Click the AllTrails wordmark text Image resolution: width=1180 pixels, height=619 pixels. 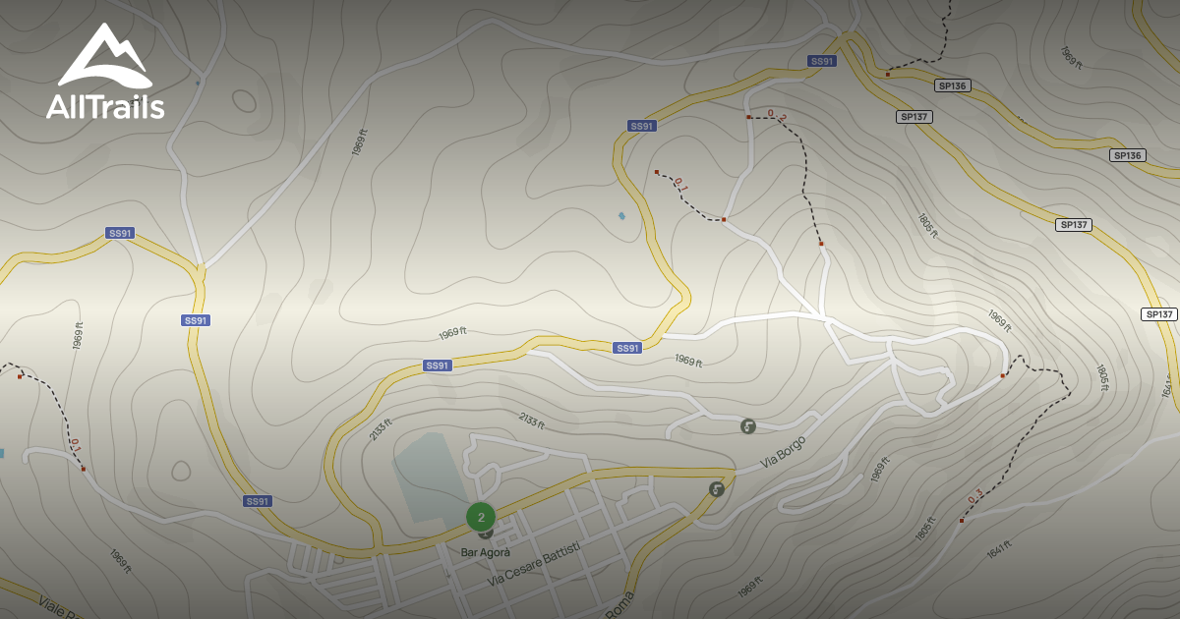pos(105,106)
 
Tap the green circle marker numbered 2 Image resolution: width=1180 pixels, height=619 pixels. pos(481,517)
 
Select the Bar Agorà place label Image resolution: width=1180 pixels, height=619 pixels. pos(486,552)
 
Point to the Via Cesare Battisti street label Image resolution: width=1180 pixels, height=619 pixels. pos(534,564)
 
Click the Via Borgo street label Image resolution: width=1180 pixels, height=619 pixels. pos(783,452)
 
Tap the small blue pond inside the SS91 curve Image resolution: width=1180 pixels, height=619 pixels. pos(621,216)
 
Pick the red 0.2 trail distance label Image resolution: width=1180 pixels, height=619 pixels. pos(777,116)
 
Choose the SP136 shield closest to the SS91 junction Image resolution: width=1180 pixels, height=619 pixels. pos(953,85)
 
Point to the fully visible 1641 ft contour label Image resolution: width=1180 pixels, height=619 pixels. pos(998,550)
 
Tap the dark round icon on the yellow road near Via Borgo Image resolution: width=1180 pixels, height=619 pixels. pos(717,488)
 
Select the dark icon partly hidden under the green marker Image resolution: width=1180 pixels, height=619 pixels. pos(486,534)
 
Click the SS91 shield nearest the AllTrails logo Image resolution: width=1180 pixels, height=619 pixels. pos(120,233)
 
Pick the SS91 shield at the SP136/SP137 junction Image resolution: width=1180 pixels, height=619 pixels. pos(821,61)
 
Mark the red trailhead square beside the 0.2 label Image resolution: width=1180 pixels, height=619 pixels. pos(748,117)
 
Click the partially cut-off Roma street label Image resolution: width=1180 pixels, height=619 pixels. pos(619,607)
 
